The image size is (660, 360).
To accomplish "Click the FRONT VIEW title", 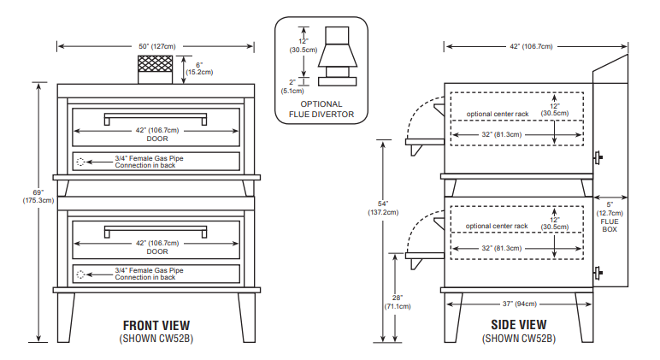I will point(156,325).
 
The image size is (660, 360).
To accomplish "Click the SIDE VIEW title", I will point(518,325).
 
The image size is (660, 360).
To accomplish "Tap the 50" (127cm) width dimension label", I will point(156,45).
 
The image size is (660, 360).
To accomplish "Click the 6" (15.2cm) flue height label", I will point(198,68).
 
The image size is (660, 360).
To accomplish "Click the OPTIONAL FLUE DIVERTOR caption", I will point(321,109).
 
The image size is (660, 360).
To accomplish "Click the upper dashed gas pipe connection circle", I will point(81,161).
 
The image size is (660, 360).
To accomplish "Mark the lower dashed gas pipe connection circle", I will point(81,274).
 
